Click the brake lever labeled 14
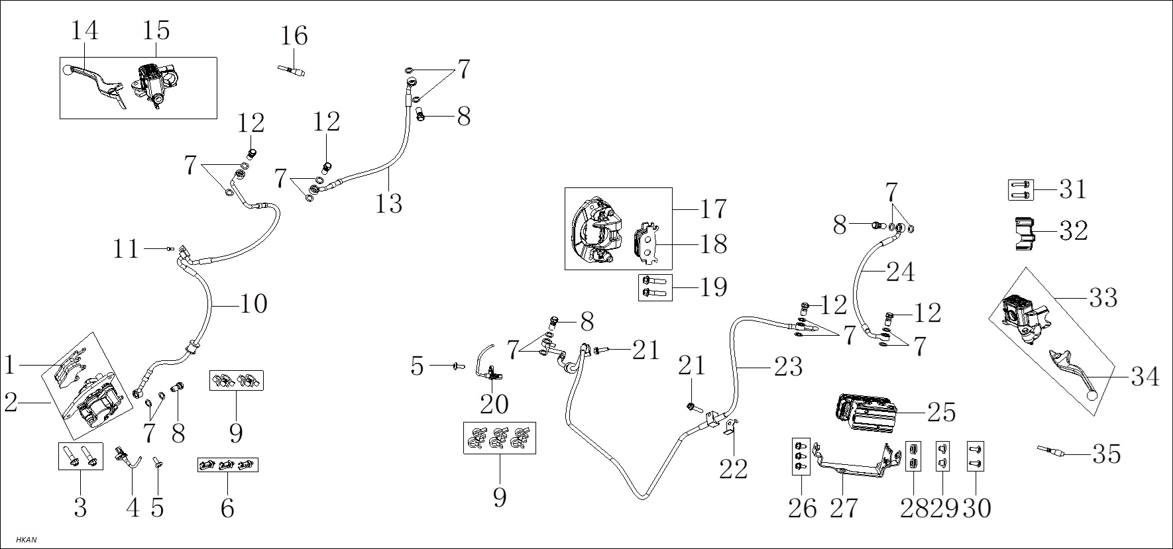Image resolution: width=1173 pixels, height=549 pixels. point(94,83)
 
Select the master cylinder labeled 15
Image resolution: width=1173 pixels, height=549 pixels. point(155,83)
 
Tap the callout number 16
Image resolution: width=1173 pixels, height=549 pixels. point(294,35)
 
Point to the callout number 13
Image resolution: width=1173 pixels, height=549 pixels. point(389,203)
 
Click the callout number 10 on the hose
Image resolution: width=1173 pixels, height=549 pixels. point(253,304)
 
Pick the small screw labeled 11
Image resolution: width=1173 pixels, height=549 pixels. point(169,248)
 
